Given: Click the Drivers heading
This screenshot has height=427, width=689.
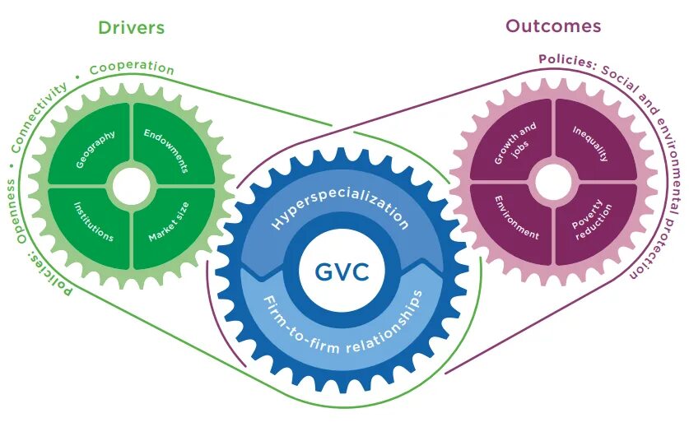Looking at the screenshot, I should click(131, 27).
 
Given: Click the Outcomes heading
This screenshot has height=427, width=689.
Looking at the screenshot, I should click(553, 26).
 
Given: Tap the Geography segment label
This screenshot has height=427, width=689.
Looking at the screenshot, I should click(95, 149).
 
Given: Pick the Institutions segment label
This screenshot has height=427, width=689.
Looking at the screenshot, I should click(93, 221).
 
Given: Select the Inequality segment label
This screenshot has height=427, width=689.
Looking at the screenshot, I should click(590, 144).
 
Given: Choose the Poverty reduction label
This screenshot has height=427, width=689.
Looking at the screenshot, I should click(590, 217).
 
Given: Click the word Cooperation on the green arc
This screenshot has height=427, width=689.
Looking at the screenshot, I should click(132, 67).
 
